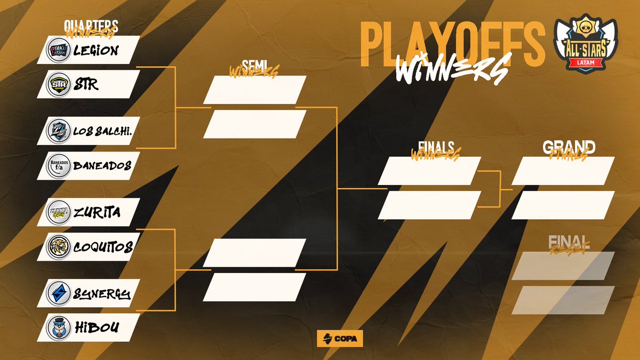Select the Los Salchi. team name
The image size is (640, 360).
point(102,131)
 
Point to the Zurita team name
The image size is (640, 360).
point(97,212)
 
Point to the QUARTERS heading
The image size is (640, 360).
point(91,26)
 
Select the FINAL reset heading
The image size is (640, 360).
point(569,241)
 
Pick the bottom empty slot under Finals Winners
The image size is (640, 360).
point(430,205)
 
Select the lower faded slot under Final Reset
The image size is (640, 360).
point(563,300)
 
